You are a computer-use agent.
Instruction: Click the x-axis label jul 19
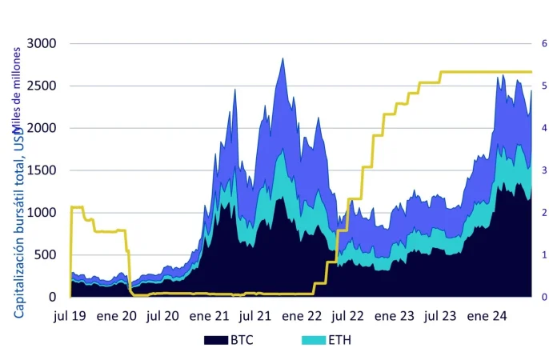(x=70, y=316)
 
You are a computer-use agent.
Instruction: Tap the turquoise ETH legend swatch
(x=314, y=340)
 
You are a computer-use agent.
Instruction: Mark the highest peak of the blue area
(x=283, y=58)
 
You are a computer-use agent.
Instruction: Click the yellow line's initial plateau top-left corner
(x=72, y=207)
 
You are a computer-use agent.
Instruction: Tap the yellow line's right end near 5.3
(x=531, y=72)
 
